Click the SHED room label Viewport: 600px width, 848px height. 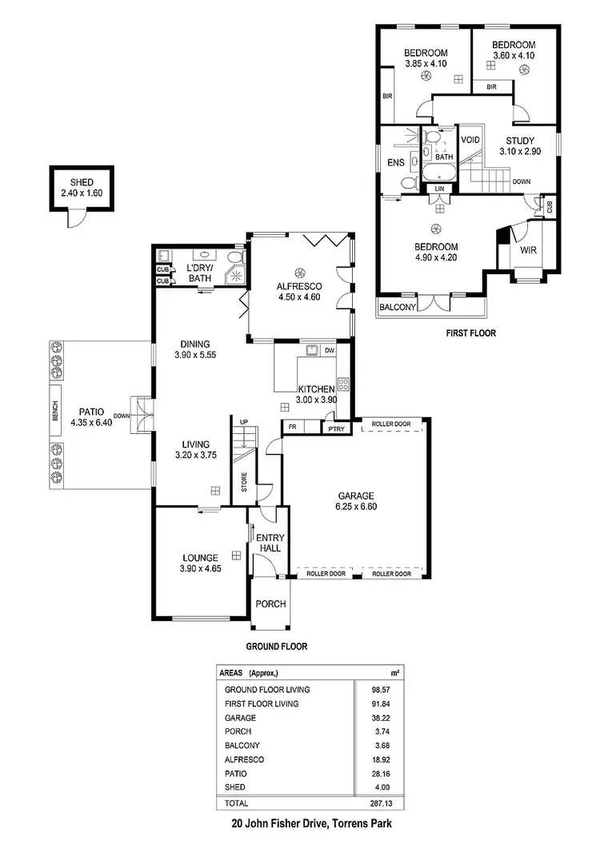click(82, 181)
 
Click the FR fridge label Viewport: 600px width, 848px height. click(293, 428)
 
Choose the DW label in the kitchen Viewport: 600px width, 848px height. click(330, 350)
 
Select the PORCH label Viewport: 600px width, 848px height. click(270, 604)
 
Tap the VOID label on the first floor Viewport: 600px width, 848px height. click(471, 140)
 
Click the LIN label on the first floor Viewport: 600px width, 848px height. click(438, 189)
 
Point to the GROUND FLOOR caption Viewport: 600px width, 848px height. click(277, 646)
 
